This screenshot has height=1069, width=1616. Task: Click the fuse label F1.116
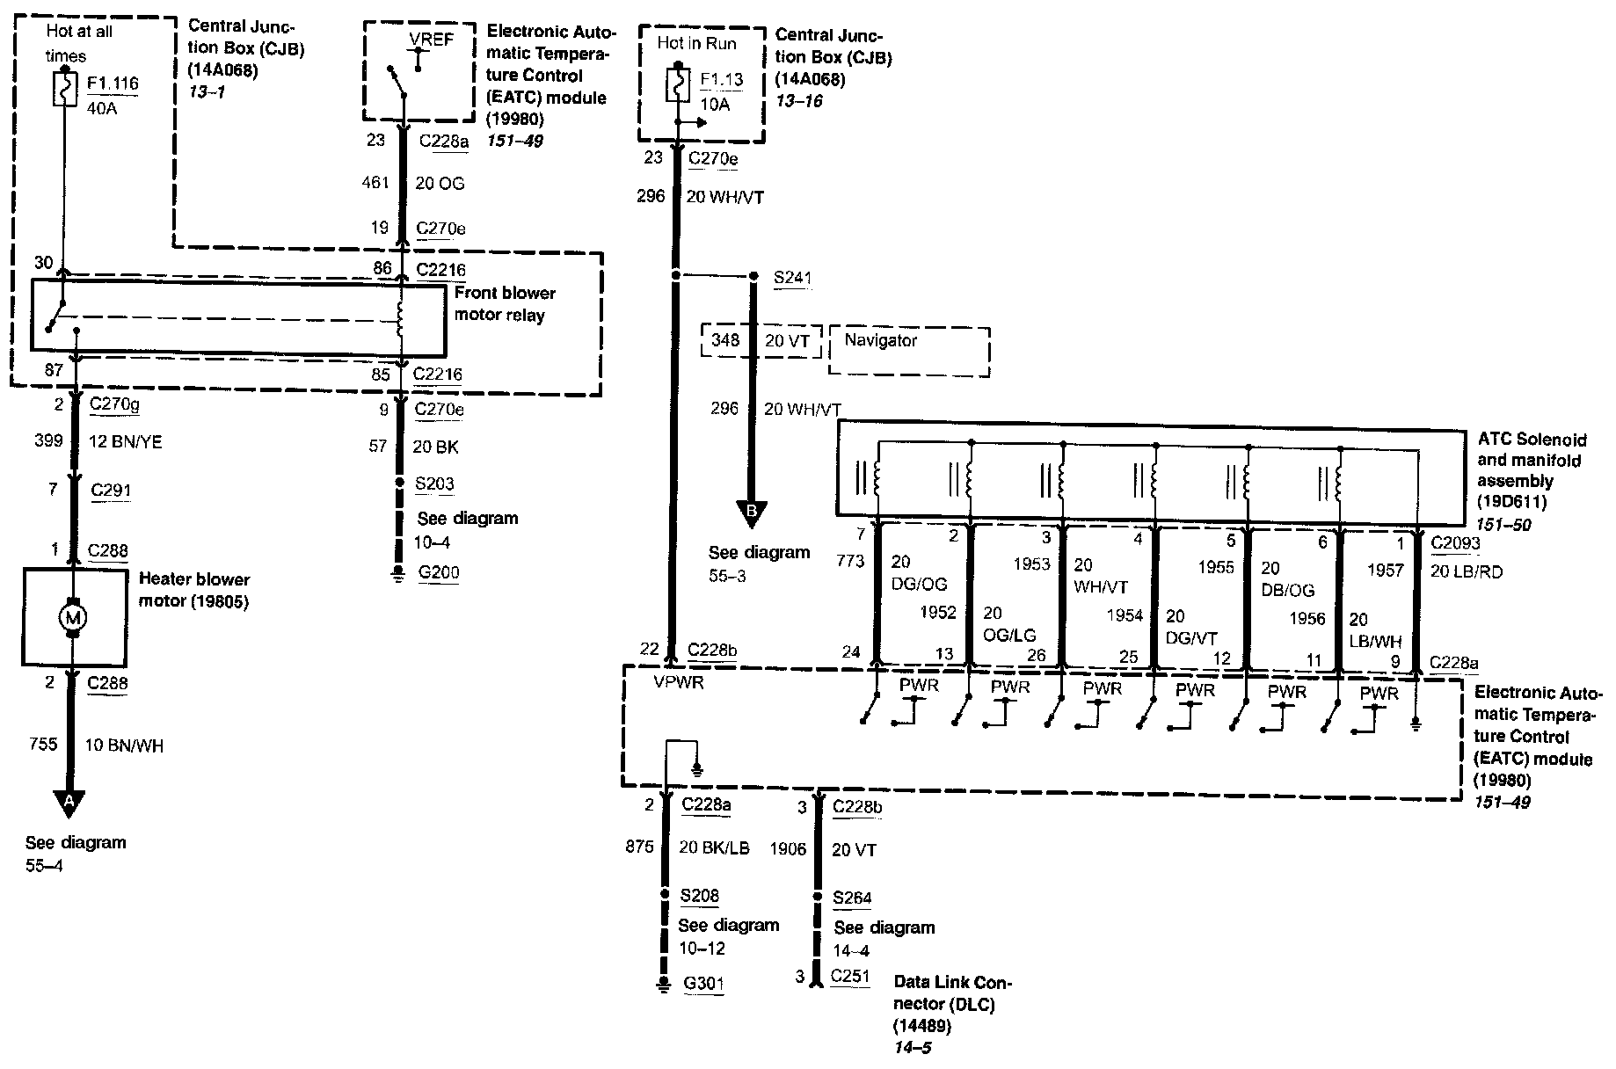click(112, 84)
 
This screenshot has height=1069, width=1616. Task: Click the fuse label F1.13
click(721, 80)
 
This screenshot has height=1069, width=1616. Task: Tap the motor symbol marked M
click(73, 618)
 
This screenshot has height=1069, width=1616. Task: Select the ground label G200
click(438, 573)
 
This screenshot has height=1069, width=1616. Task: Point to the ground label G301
click(703, 983)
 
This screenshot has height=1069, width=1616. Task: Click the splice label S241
click(792, 279)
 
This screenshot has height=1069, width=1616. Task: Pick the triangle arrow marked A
click(69, 800)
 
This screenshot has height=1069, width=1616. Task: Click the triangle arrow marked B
click(752, 511)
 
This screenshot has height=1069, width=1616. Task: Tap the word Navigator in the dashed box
click(880, 340)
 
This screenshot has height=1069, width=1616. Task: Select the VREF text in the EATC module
click(432, 40)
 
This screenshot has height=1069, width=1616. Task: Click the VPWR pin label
click(679, 682)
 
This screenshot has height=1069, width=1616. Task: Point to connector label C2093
click(1455, 543)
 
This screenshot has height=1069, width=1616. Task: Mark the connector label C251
click(850, 976)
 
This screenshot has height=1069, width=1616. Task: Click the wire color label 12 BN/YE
click(126, 442)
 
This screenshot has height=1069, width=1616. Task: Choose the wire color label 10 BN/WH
click(124, 745)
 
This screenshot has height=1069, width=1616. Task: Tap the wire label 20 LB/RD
click(1467, 571)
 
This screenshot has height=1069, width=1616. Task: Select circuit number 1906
click(788, 849)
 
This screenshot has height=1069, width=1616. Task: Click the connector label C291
click(111, 490)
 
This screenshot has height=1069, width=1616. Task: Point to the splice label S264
click(852, 898)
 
